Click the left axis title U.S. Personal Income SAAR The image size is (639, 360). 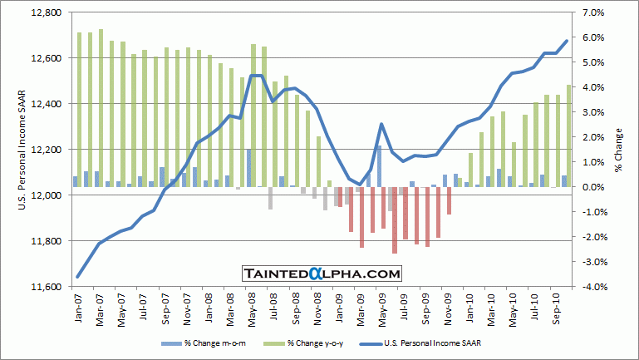[23, 150]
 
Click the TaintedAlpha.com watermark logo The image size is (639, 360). [322, 273]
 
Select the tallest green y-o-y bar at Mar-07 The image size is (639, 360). [101, 108]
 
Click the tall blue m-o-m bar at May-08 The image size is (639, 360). [248, 168]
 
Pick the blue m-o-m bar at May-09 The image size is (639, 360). [378, 166]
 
